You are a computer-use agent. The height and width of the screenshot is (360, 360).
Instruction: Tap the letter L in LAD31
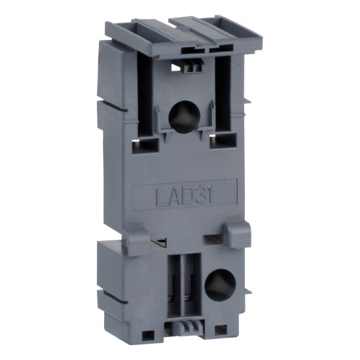click(159, 195)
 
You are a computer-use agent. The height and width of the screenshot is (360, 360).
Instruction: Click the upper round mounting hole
click(181, 117)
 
